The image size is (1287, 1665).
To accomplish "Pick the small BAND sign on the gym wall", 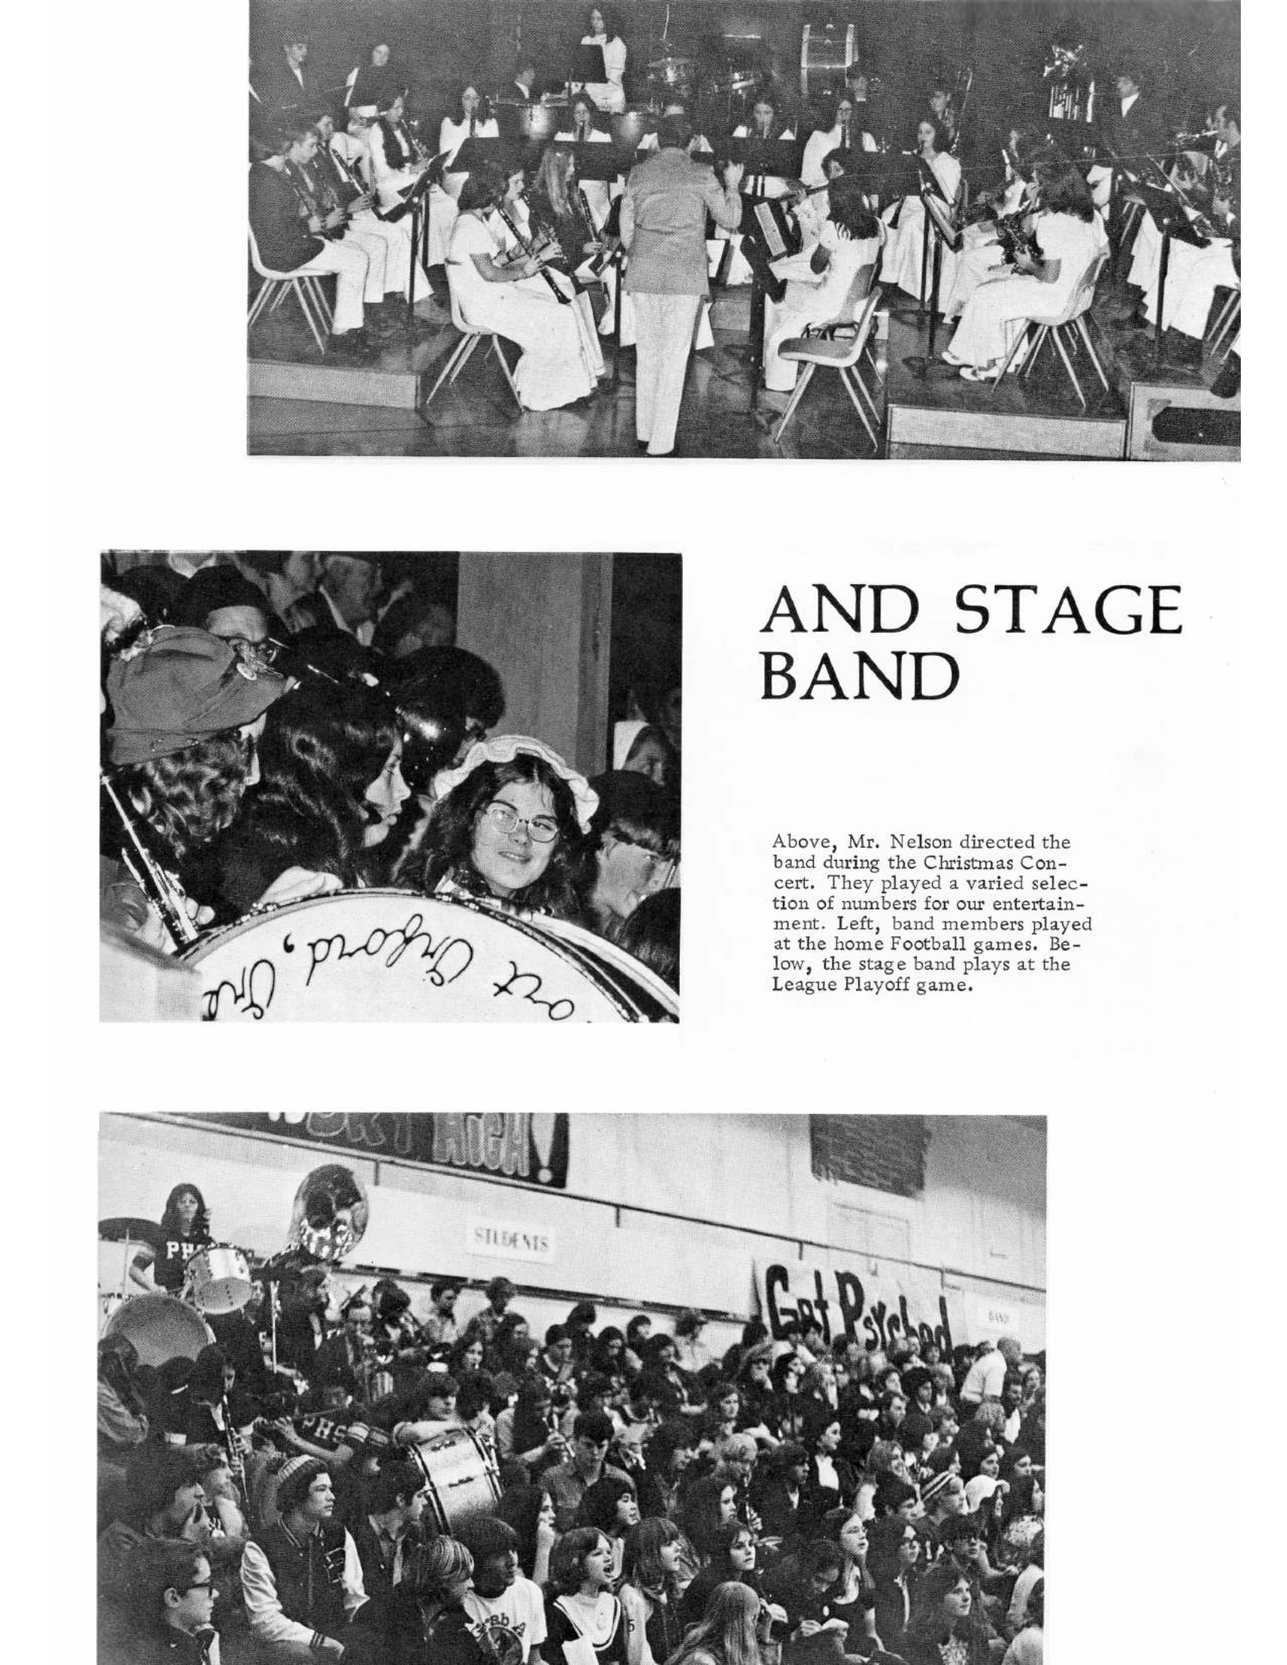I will click(993, 1316).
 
